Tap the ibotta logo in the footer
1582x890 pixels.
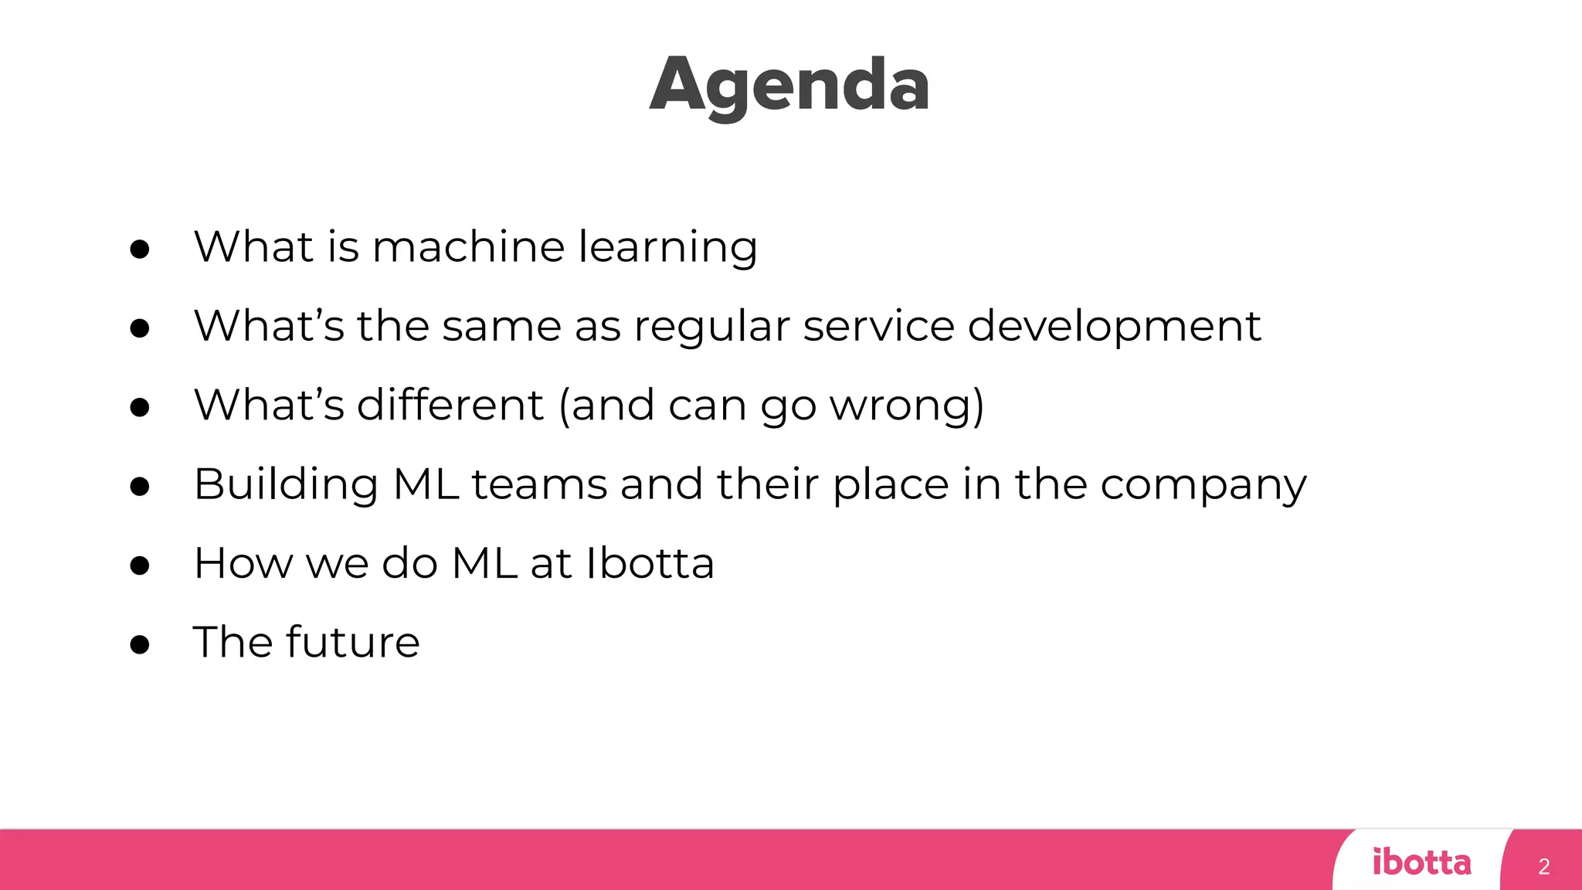tap(1421, 861)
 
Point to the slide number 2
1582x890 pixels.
tap(1543, 866)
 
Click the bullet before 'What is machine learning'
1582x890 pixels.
tap(140, 249)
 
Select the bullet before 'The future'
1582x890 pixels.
tap(140, 644)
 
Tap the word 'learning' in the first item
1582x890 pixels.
tap(668, 249)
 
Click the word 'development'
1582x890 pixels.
tap(1114, 328)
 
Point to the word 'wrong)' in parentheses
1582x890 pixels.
tap(907, 406)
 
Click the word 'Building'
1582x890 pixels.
tap(286, 485)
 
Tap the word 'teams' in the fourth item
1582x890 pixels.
tap(539, 485)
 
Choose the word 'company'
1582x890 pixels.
tap(1203, 487)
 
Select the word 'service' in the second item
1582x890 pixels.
tap(879, 326)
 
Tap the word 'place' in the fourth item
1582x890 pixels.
tap(891, 487)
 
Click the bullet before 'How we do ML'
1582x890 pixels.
tap(140, 566)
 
